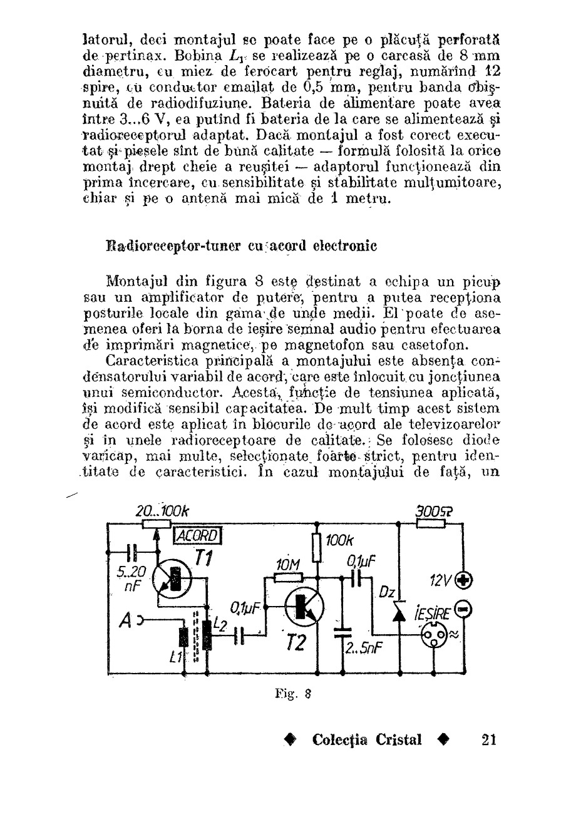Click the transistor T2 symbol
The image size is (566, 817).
tap(304, 605)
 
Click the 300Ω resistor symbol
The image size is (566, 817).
tap(430, 522)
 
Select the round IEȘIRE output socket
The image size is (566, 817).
tap(435, 635)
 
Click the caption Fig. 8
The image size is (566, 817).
tap(292, 693)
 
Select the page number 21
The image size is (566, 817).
tap(489, 739)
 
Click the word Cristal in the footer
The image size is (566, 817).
tap(399, 739)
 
